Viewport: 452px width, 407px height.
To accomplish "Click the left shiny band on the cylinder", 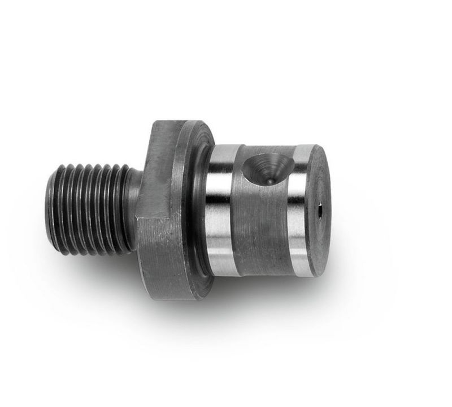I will [x=220, y=209].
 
